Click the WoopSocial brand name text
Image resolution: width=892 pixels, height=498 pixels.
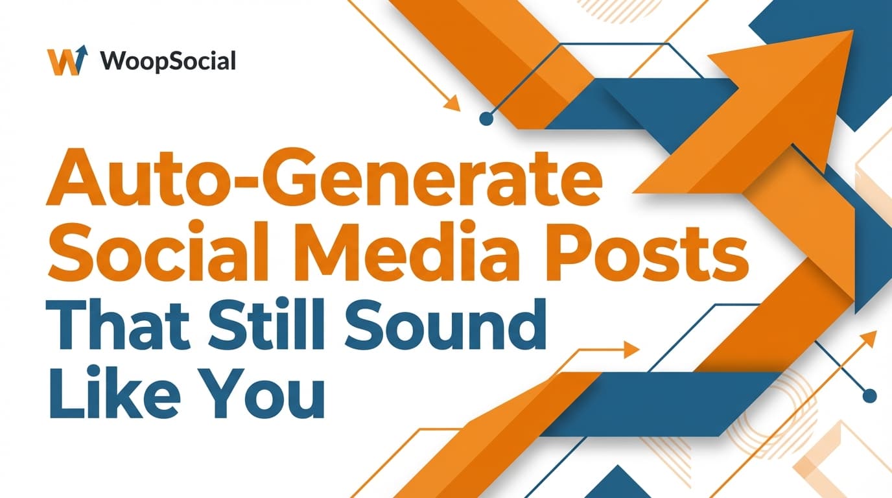[168, 61]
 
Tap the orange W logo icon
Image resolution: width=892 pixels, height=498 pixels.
[67, 61]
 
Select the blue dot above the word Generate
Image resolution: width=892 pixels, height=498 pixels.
[485, 119]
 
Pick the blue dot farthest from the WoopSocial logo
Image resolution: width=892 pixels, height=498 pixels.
[871, 396]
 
